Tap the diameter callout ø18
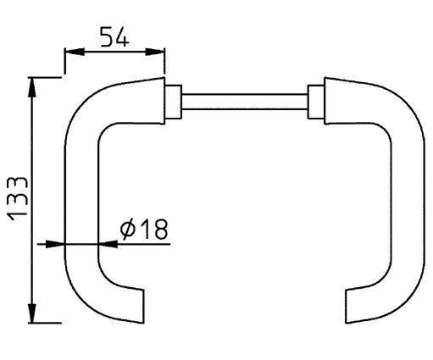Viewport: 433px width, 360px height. point(145,229)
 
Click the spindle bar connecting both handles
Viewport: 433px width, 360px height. point(244,100)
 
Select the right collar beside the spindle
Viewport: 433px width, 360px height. point(315,100)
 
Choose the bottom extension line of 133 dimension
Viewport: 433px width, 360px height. point(47,323)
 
